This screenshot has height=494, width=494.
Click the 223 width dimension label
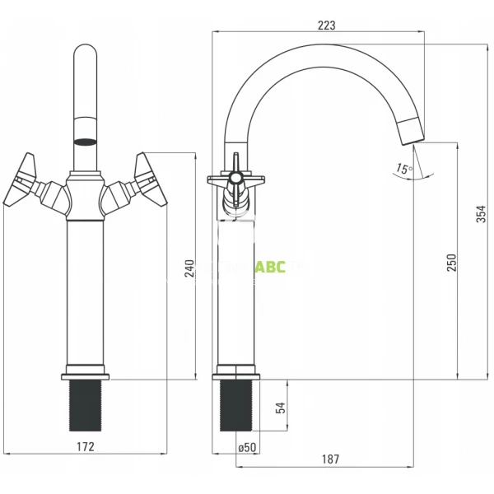point(326,25)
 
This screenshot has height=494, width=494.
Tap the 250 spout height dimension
point(450,262)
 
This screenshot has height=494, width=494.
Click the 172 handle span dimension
point(86,446)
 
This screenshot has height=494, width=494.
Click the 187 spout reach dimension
point(328,459)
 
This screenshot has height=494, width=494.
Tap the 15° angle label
point(403,169)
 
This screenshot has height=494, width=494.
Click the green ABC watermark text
point(269,267)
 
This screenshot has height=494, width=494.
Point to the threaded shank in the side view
point(235,405)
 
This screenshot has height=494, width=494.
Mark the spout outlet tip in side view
point(411,130)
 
